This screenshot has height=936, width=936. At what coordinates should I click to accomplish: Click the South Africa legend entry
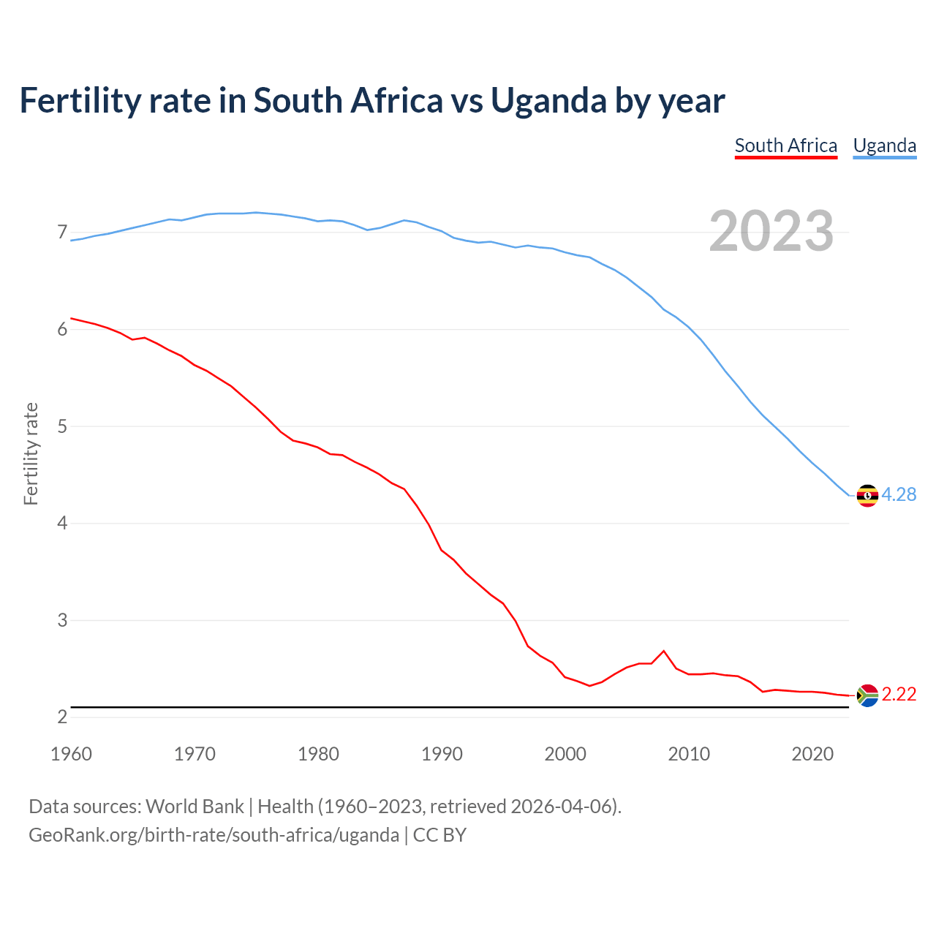785,146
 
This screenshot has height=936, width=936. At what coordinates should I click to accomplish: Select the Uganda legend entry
884,146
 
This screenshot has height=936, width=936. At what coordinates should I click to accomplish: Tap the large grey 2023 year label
771,231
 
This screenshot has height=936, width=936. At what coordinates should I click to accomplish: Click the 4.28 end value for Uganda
899,495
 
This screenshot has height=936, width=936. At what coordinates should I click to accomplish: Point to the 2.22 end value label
899,695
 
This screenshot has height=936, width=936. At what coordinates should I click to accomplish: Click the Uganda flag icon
867,496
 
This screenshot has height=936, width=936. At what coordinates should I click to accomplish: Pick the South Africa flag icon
867,695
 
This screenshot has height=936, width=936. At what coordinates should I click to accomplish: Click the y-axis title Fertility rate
31,453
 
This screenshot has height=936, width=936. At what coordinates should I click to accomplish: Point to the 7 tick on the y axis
62,233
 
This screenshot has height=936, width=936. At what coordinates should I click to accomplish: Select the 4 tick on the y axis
62,524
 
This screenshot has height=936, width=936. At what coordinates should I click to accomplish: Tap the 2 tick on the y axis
62,717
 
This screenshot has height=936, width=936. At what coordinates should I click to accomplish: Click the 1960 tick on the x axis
71,754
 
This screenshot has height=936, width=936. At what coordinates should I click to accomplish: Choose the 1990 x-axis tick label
442,754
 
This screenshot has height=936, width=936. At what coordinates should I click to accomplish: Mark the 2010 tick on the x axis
689,754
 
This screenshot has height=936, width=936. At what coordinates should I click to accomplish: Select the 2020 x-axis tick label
812,754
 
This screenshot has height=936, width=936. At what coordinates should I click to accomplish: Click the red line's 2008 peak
663,651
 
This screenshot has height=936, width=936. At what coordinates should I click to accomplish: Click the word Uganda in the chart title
548,101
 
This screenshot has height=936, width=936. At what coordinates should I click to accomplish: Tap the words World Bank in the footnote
195,807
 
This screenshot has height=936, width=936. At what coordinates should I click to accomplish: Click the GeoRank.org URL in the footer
214,835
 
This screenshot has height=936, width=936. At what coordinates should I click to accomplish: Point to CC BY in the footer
439,835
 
